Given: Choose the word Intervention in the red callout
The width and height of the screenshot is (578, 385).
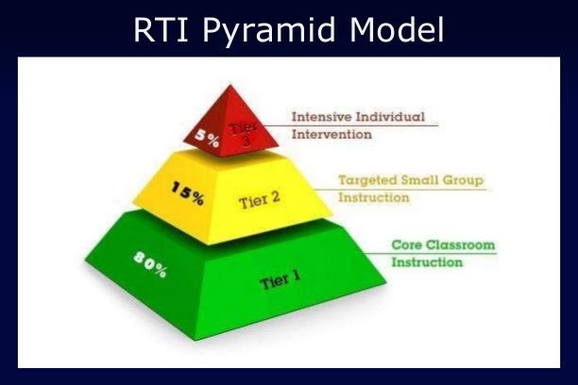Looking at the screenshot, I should click(x=331, y=135).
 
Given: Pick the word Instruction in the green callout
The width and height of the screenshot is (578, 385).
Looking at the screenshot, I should click(x=427, y=261).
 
